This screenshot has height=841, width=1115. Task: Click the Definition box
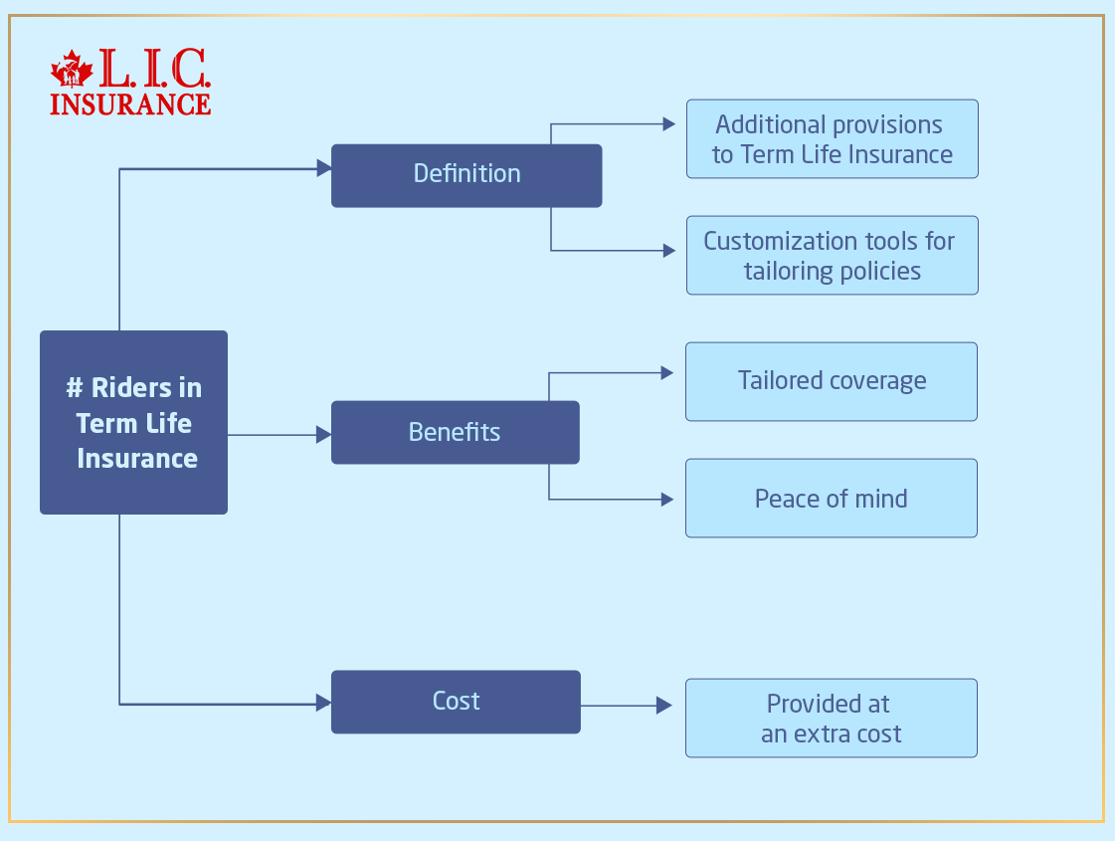pyautogui.click(x=465, y=175)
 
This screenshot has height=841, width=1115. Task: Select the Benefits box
pyautogui.click(x=455, y=432)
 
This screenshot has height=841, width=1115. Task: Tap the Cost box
pyautogui.click(x=455, y=702)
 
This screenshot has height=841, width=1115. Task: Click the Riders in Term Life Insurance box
pyautogui.click(x=133, y=422)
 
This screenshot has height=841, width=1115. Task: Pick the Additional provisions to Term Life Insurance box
pyautogui.click(x=832, y=139)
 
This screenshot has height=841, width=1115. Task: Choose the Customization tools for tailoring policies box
pyautogui.click(x=832, y=256)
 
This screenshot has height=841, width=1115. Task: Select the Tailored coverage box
pyautogui.click(x=831, y=381)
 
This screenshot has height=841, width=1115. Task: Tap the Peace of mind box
pyautogui.click(x=831, y=498)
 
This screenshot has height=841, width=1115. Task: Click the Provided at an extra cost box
pyautogui.click(x=831, y=718)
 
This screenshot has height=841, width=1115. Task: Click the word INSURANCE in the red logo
pyautogui.click(x=130, y=104)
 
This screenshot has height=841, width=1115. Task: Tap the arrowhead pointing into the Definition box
pyautogui.click(x=323, y=169)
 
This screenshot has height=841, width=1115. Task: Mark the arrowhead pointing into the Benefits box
pyautogui.click(x=323, y=434)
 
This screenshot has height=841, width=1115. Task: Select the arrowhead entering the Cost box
pyautogui.click(x=323, y=703)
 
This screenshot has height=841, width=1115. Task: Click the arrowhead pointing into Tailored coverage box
pyautogui.click(x=669, y=373)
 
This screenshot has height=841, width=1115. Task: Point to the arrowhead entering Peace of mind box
pyautogui.click(x=669, y=499)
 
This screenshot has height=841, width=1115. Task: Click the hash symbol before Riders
pyautogui.click(x=74, y=387)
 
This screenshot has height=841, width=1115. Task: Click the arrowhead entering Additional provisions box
pyautogui.click(x=669, y=124)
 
